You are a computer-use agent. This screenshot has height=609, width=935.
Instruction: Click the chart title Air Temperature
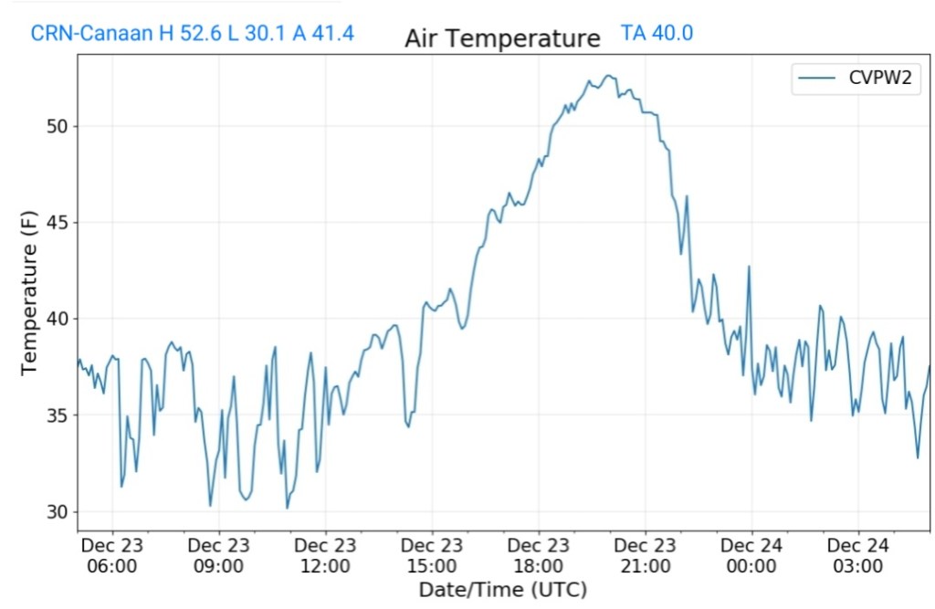pos(502,38)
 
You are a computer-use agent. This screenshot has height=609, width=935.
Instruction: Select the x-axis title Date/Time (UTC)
pos(502,589)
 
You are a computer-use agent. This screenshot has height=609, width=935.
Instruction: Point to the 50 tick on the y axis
pos(57,126)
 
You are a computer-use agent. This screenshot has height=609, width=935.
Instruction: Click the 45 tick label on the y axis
pos(57,223)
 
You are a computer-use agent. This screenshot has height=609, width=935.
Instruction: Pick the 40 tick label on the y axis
pos(57,319)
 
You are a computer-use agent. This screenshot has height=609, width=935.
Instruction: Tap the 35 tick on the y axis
pos(57,415)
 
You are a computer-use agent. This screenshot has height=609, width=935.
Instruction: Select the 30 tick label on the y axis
pos(57,511)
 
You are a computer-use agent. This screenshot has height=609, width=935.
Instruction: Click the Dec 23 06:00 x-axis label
pos(112,555)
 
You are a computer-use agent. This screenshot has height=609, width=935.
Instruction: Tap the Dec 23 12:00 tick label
pos(325,555)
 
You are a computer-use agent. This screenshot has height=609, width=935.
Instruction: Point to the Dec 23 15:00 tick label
pos(432,555)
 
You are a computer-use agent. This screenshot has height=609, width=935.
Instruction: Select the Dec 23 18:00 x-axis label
pos(539,555)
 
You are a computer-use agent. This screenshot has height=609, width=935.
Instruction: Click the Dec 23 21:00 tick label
pos(645,555)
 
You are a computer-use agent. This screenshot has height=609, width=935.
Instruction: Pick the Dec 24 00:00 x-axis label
pos(751,555)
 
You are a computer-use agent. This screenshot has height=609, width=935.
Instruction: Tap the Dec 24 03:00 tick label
pos(858,555)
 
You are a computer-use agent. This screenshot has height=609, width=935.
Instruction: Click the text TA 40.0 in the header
pos(657,34)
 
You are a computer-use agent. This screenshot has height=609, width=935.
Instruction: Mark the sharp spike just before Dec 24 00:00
pos(749,268)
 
